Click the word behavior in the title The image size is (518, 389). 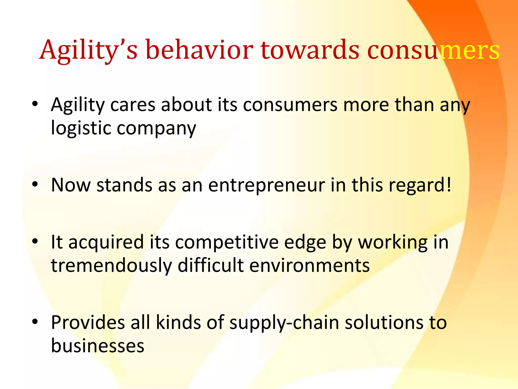[199, 50]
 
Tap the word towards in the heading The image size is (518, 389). [310, 50]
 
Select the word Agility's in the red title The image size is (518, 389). [89, 50]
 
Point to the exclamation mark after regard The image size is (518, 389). [449, 185]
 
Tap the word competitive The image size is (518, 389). [227, 243]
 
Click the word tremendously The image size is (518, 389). [111, 266]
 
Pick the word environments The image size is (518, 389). [310, 266]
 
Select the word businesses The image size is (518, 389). [98, 346]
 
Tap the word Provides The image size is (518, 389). [88, 323]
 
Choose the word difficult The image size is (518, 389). [210, 266]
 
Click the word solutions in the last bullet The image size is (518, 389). [384, 323]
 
